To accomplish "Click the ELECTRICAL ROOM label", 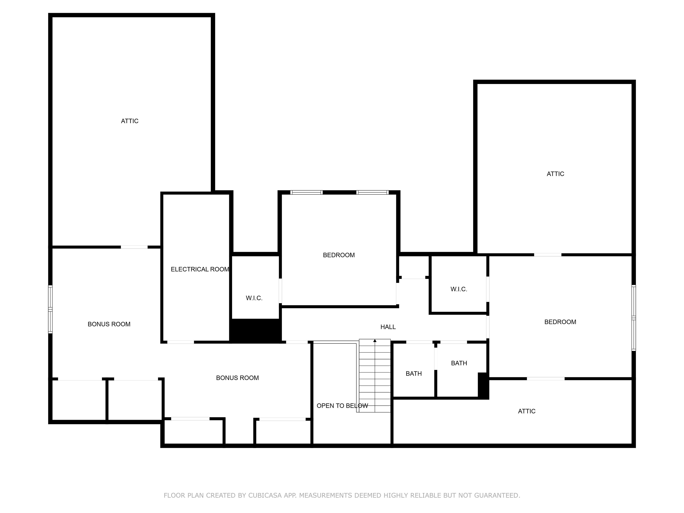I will pyautogui.click(x=200, y=269).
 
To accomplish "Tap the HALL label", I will pyautogui.click(x=388, y=327).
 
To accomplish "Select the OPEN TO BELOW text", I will pyautogui.click(x=342, y=406).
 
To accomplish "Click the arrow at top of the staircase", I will pyautogui.click(x=375, y=341).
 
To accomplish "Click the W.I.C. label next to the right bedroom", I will pyautogui.click(x=459, y=289).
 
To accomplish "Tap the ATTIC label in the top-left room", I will pyautogui.click(x=130, y=121).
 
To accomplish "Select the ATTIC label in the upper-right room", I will pyautogui.click(x=555, y=174).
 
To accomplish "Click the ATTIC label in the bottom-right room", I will pyautogui.click(x=527, y=411).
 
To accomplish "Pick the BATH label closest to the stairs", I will pyautogui.click(x=413, y=374).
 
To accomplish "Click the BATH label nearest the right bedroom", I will pyautogui.click(x=459, y=363).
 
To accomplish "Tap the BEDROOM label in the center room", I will pyautogui.click(x=339, y=255).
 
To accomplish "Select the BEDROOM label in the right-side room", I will pyautogui.click(x=560, y=322).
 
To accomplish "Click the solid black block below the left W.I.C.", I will pyautogui.click(x=255, y=331).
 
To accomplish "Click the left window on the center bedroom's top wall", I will pyautogui.click(x=306, y=192).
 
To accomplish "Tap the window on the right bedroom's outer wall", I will pyautogui.click(x=633, y=318).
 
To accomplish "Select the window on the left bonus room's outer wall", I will pyautogui.click(x=50, y=309).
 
